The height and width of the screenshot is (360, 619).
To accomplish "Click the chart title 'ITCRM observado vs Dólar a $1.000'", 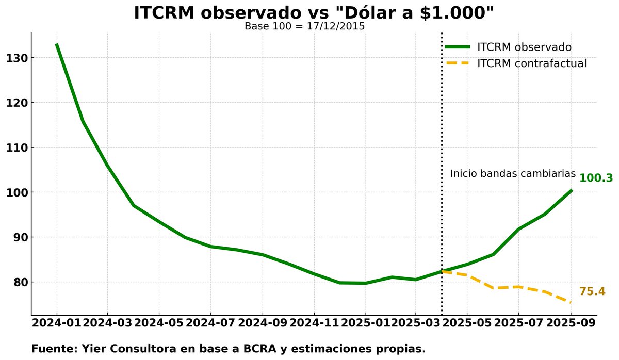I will (314, 13).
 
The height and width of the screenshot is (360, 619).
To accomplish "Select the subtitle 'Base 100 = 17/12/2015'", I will (304, 26).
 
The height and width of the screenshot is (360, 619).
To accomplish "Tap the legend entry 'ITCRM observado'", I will (524, 47).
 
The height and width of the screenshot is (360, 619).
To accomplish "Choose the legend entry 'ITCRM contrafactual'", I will (531, 64).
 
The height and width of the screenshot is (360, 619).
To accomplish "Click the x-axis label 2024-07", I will (210, 323).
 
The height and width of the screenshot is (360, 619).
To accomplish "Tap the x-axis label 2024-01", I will (57, 323).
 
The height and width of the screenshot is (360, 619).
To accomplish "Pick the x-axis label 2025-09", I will (571, 323).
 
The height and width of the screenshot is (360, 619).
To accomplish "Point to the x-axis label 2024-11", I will (314, 323).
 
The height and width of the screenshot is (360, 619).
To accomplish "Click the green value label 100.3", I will (596, 178).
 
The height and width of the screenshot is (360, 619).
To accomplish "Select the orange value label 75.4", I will (592, 291).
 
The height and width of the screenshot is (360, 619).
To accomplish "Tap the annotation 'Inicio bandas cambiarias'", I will (513, 174).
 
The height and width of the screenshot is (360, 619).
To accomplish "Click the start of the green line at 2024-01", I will (57, 45).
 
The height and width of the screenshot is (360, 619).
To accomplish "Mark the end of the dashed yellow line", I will (570, 302).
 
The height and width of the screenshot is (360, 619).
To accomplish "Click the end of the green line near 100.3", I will (571, 191).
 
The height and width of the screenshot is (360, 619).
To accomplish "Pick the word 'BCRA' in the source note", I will (261, 349).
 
